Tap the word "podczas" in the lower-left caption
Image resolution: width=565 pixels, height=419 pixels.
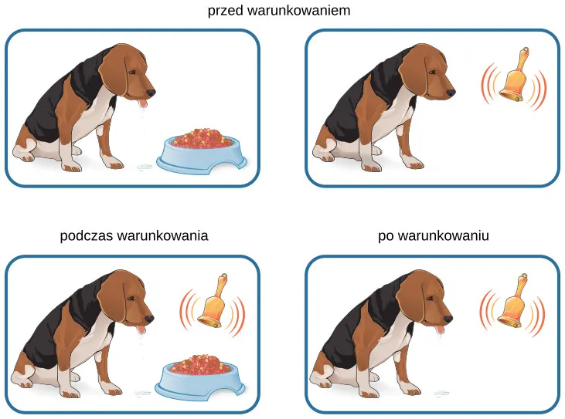coord(87,236)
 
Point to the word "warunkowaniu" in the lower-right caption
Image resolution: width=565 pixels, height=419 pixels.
coord(444,235)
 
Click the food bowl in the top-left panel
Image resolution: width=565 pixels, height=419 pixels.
coord(202,154)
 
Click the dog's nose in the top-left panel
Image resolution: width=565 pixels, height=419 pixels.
coord(151,93)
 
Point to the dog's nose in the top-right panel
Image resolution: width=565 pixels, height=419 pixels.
coord(451,93)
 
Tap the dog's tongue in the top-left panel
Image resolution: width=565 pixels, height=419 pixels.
coord(144,104)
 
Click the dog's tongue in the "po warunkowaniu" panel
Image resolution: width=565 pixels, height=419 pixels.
coord(440,330)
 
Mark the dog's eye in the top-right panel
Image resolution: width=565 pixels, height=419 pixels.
coord(432,73)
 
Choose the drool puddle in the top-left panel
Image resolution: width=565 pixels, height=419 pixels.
coord(145,167)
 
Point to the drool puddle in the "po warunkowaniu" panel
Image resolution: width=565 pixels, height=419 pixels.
coord(442,393)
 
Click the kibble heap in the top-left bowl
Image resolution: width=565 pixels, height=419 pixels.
coord(202,138)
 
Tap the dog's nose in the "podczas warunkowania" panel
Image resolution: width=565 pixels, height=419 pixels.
coord(149,319)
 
